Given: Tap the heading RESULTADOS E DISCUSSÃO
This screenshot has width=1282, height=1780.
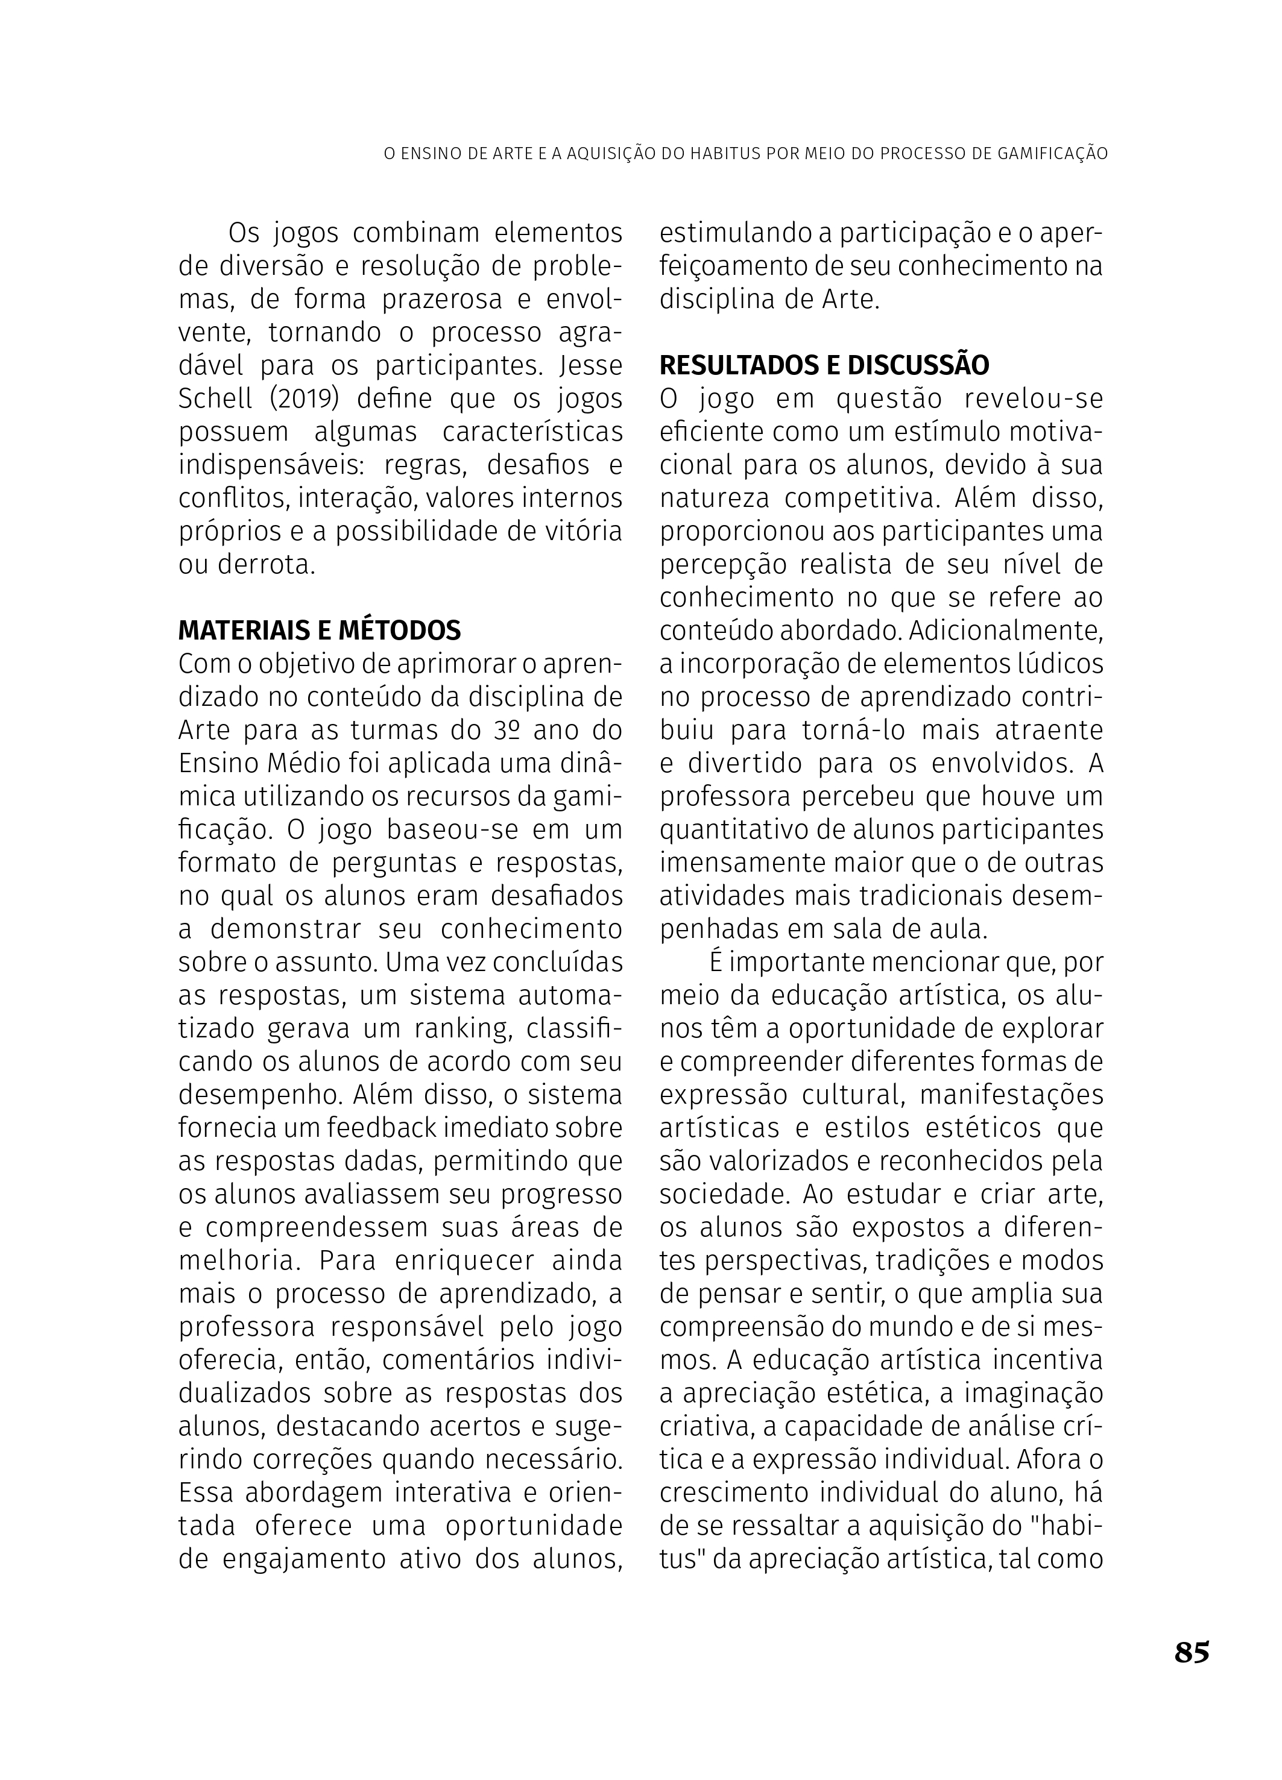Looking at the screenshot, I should [824, 365].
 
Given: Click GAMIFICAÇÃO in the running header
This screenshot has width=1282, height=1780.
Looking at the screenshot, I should [1042, 154].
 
